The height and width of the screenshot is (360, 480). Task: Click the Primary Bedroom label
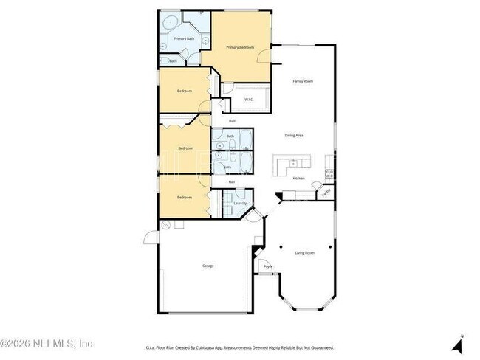pyautogui.click(x=240, y=47)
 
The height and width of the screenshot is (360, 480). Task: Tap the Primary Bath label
pyautogui.click(x=184, y=38)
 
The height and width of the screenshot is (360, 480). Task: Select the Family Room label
pyautogui.click(x=303, y=81)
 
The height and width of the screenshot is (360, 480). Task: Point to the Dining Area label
pyautogui.click(x=295, y=135)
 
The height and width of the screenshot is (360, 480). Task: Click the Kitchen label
pyautogui.click(x=298, y=179)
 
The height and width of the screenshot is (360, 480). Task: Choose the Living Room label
pyautogui.click(x=305, y=253)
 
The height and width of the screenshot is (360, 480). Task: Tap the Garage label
pyautogui.click(x=208, y=266)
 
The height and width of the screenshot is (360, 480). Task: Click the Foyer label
pyautogui.click(x=268, y=266)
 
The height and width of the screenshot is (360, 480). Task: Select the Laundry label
pyautogui.click(x=239, y=203)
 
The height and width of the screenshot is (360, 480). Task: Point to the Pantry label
pyautogui.click(x=325, y=195)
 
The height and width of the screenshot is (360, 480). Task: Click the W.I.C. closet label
pyautogui.click(x=249, y=100)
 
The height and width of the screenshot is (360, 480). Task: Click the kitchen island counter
pyautogui.click(x=292, y=164)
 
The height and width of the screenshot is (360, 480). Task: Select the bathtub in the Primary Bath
pyautogui.click(x=171, y=21)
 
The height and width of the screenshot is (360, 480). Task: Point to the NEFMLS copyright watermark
pyautogui.click(x=46, y=344)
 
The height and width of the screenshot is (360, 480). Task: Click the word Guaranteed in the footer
pyautogui.click(x=321, y=347)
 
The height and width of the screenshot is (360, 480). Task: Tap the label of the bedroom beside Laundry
pyautogui.click(x=184, y=197)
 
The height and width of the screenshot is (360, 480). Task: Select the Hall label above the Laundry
pyautogui.click(x=232, y=181)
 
